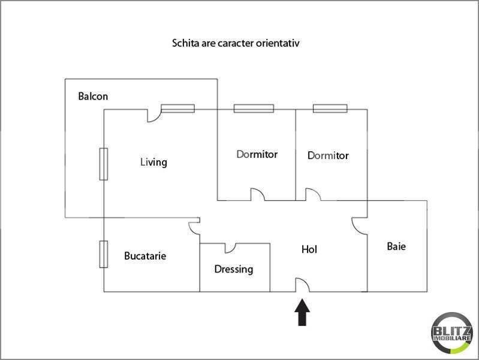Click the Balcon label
tap(93, 96)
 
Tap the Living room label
tap(153, 162)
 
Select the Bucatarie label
tap(145, 256)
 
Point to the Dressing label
tap(234, 269)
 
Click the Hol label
tap(309, 249)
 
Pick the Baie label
tap(396, 246)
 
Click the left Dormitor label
tap(257, 154)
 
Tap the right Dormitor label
tap(328, 155)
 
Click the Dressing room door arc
tap(231, 247)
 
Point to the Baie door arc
tap(359, 224)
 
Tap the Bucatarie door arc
tap(194, 227)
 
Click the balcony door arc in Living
tap(154, 116)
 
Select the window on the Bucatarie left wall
tap(103, 254)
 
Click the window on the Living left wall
tap(103, 164)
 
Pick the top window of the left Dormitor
tap(254, 109)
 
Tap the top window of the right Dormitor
tap(330, 109)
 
